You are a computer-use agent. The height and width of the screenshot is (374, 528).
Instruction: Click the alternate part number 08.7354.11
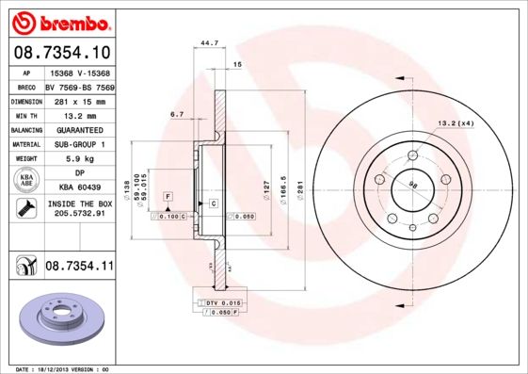click(x=79, y=268)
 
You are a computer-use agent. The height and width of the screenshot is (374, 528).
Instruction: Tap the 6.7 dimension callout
click(x=177, y=114)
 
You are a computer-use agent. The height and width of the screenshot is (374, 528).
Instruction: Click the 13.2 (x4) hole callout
click(x=455, y=123)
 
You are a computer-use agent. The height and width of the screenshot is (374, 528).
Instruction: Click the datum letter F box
click(x=168, y=195)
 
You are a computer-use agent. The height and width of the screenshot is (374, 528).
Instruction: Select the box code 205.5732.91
click(x=79, y=214)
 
